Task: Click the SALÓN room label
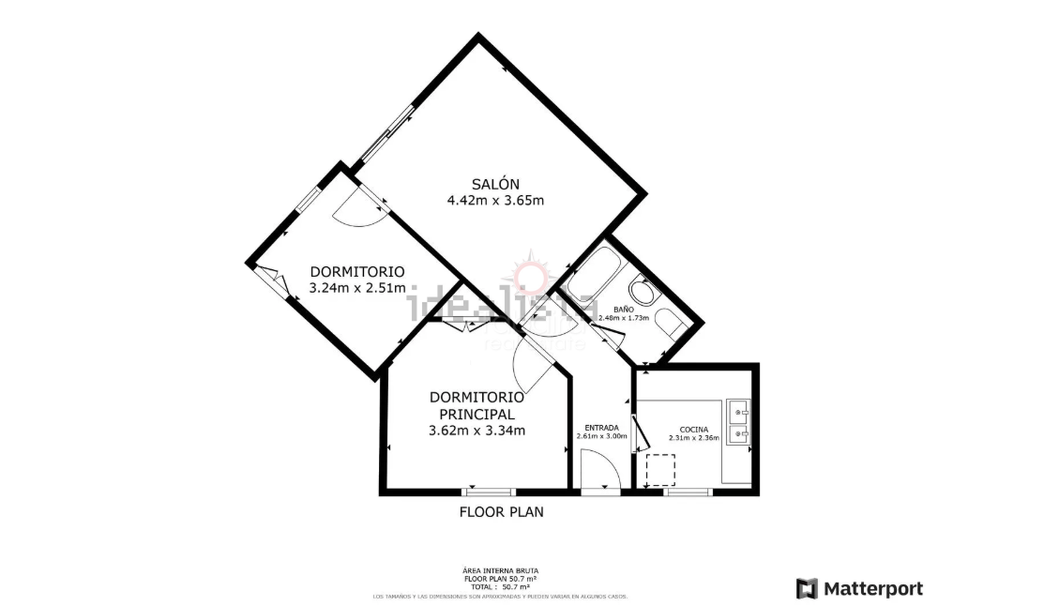(x=495, y=184)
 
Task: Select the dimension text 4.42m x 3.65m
(x=495, y=200)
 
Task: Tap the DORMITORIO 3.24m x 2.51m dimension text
(x=357, y=288)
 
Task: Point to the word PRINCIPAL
(x=476, y=414)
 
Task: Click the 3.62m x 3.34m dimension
(x=476, y=431)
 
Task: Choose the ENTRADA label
(x=600, y=428)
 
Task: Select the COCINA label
(x=693, y=429)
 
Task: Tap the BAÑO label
(x=624, y=309)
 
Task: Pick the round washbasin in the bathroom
(x=642, y=290)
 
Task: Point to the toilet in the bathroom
(x=668, y=323)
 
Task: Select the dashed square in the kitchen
(x=660, y=468)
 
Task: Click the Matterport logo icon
(x=806, y=589)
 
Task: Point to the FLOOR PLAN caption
(x=501, y=512)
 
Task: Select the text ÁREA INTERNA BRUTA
(x=500, y=570)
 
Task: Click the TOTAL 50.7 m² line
(x=500, y=586)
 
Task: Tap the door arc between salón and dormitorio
(x=357, y=211)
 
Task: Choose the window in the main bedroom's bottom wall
(x=489, y=491)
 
